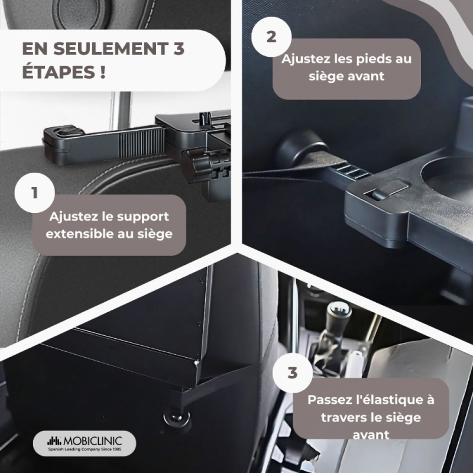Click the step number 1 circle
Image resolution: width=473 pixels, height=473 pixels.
pos(35,193)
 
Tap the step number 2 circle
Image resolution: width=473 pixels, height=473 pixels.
pos(271,37)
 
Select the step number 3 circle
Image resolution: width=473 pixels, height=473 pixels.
pos(293,373)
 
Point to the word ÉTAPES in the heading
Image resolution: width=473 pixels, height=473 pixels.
pos(59,72)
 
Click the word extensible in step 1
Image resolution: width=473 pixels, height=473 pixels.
pos(79,234)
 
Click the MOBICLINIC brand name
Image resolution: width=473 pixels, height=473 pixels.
pos(93,441)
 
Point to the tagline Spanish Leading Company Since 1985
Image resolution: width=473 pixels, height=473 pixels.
pos(85,449)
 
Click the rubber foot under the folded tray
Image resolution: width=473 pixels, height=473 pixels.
pos(177,417)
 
